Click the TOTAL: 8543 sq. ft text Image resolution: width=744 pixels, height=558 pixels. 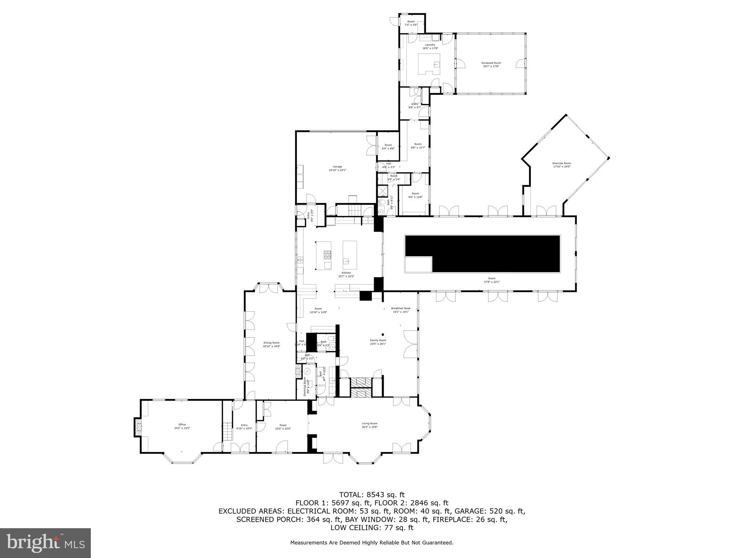pyautogui.click(x=372, y=494)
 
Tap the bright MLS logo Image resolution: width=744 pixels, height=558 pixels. pyautogui.click(x=45, y=543)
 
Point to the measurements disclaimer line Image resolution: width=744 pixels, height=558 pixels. pyautogui.click(x=372, y=543)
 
